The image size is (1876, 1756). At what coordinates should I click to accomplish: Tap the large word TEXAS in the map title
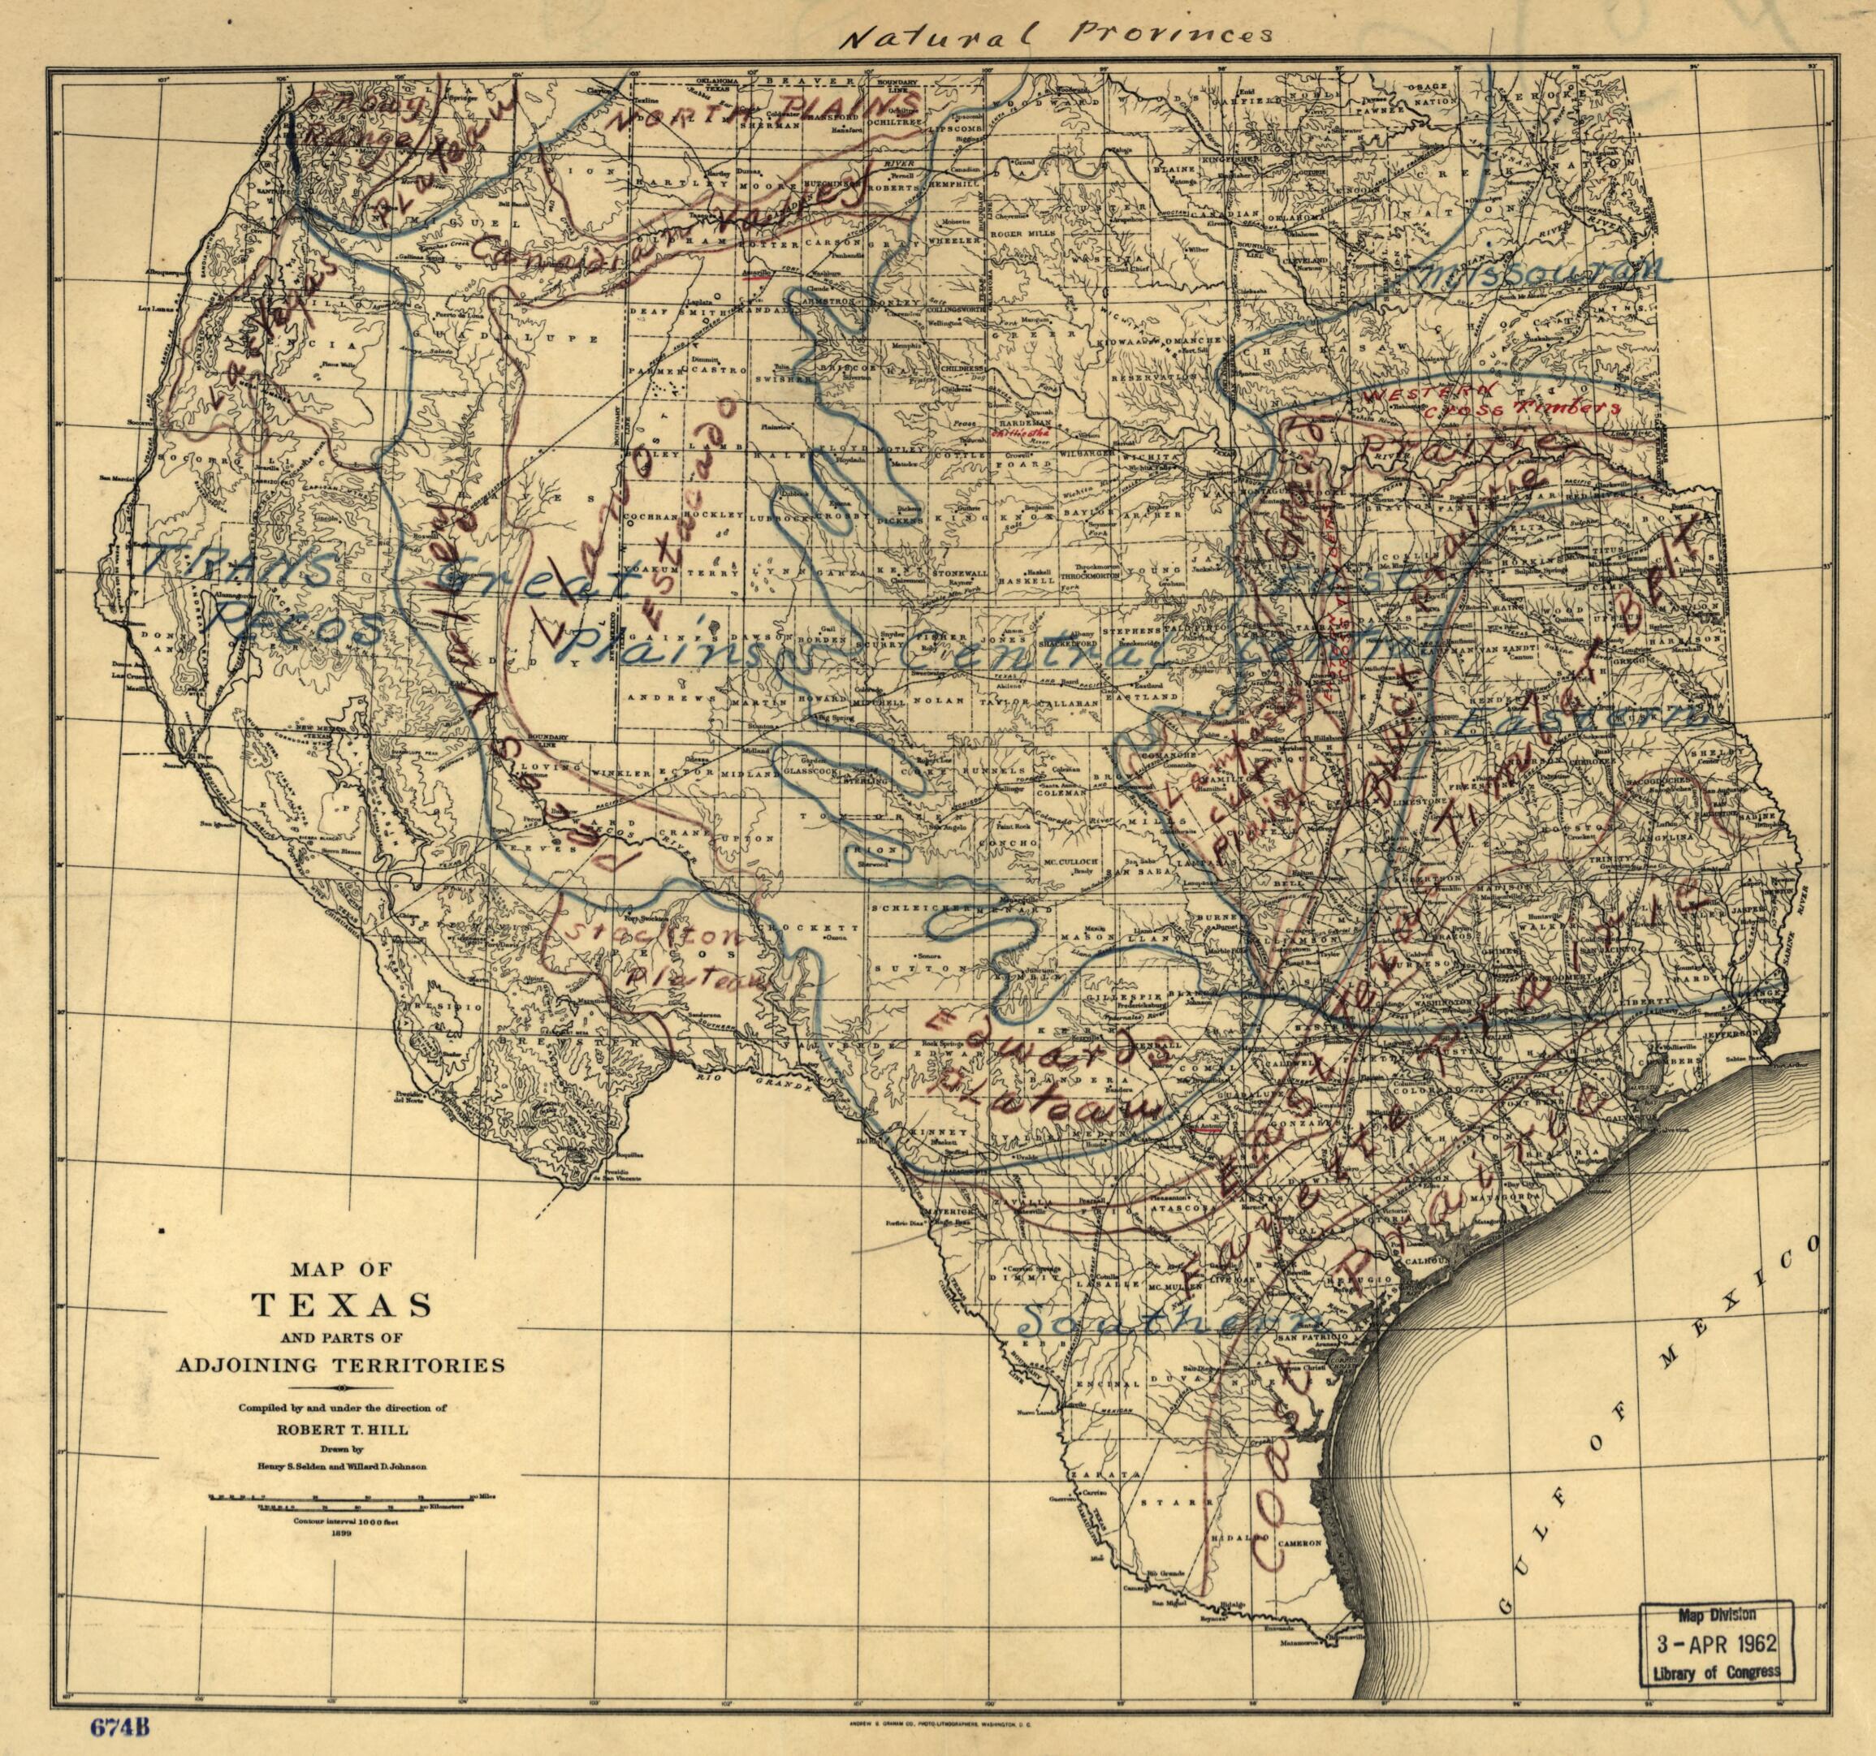(x=342, y=1305)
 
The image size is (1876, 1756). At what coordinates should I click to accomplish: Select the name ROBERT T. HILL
(x=342, y=1429)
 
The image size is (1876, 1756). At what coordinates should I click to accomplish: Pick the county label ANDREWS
(x=658, y=698)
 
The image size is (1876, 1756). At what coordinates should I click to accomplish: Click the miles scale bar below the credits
(x=342, y=1498)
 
